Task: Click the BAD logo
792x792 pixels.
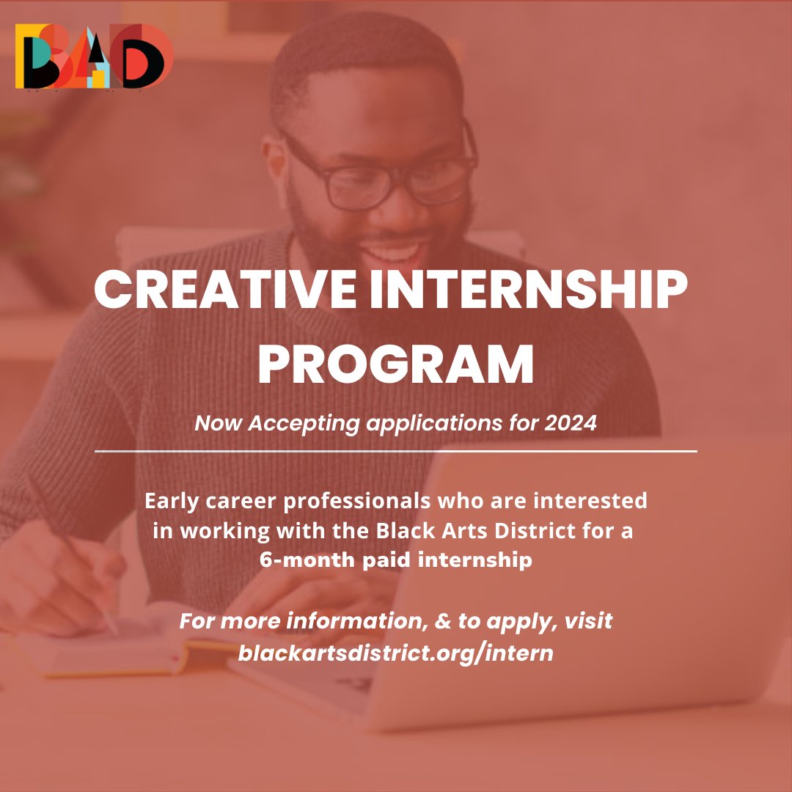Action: (94, 56)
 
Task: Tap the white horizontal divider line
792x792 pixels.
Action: (395, 451)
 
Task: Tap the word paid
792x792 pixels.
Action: (381, 560)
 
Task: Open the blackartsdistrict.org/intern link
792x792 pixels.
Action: (395, 652)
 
